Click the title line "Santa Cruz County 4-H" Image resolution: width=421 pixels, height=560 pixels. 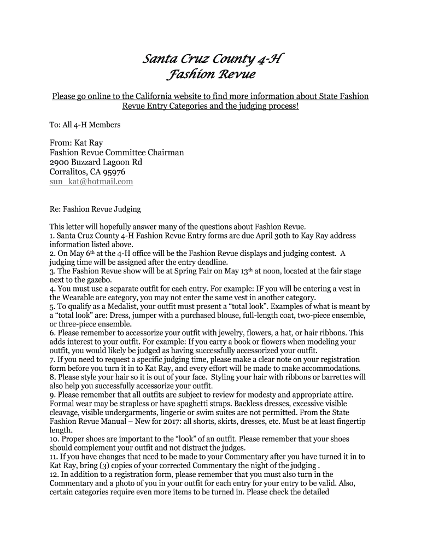pyautogui.click(x=210, y=59)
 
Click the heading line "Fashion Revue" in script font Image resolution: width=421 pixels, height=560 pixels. pyautogui.click(x=210, y=74)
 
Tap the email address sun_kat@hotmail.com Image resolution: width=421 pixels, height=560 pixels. pyautogui.click(x=91, y=182)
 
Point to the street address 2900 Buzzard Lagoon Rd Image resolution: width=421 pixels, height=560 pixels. pyautogui.click(x=96, y=162)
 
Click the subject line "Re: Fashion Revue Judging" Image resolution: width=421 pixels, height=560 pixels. pyautogui.click(x=95, y=209)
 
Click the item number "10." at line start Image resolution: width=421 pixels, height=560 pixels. pyautogui.click(x=55, y=439)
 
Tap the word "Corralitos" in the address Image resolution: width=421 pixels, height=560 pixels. pyautogui.click(x=68, y=172)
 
